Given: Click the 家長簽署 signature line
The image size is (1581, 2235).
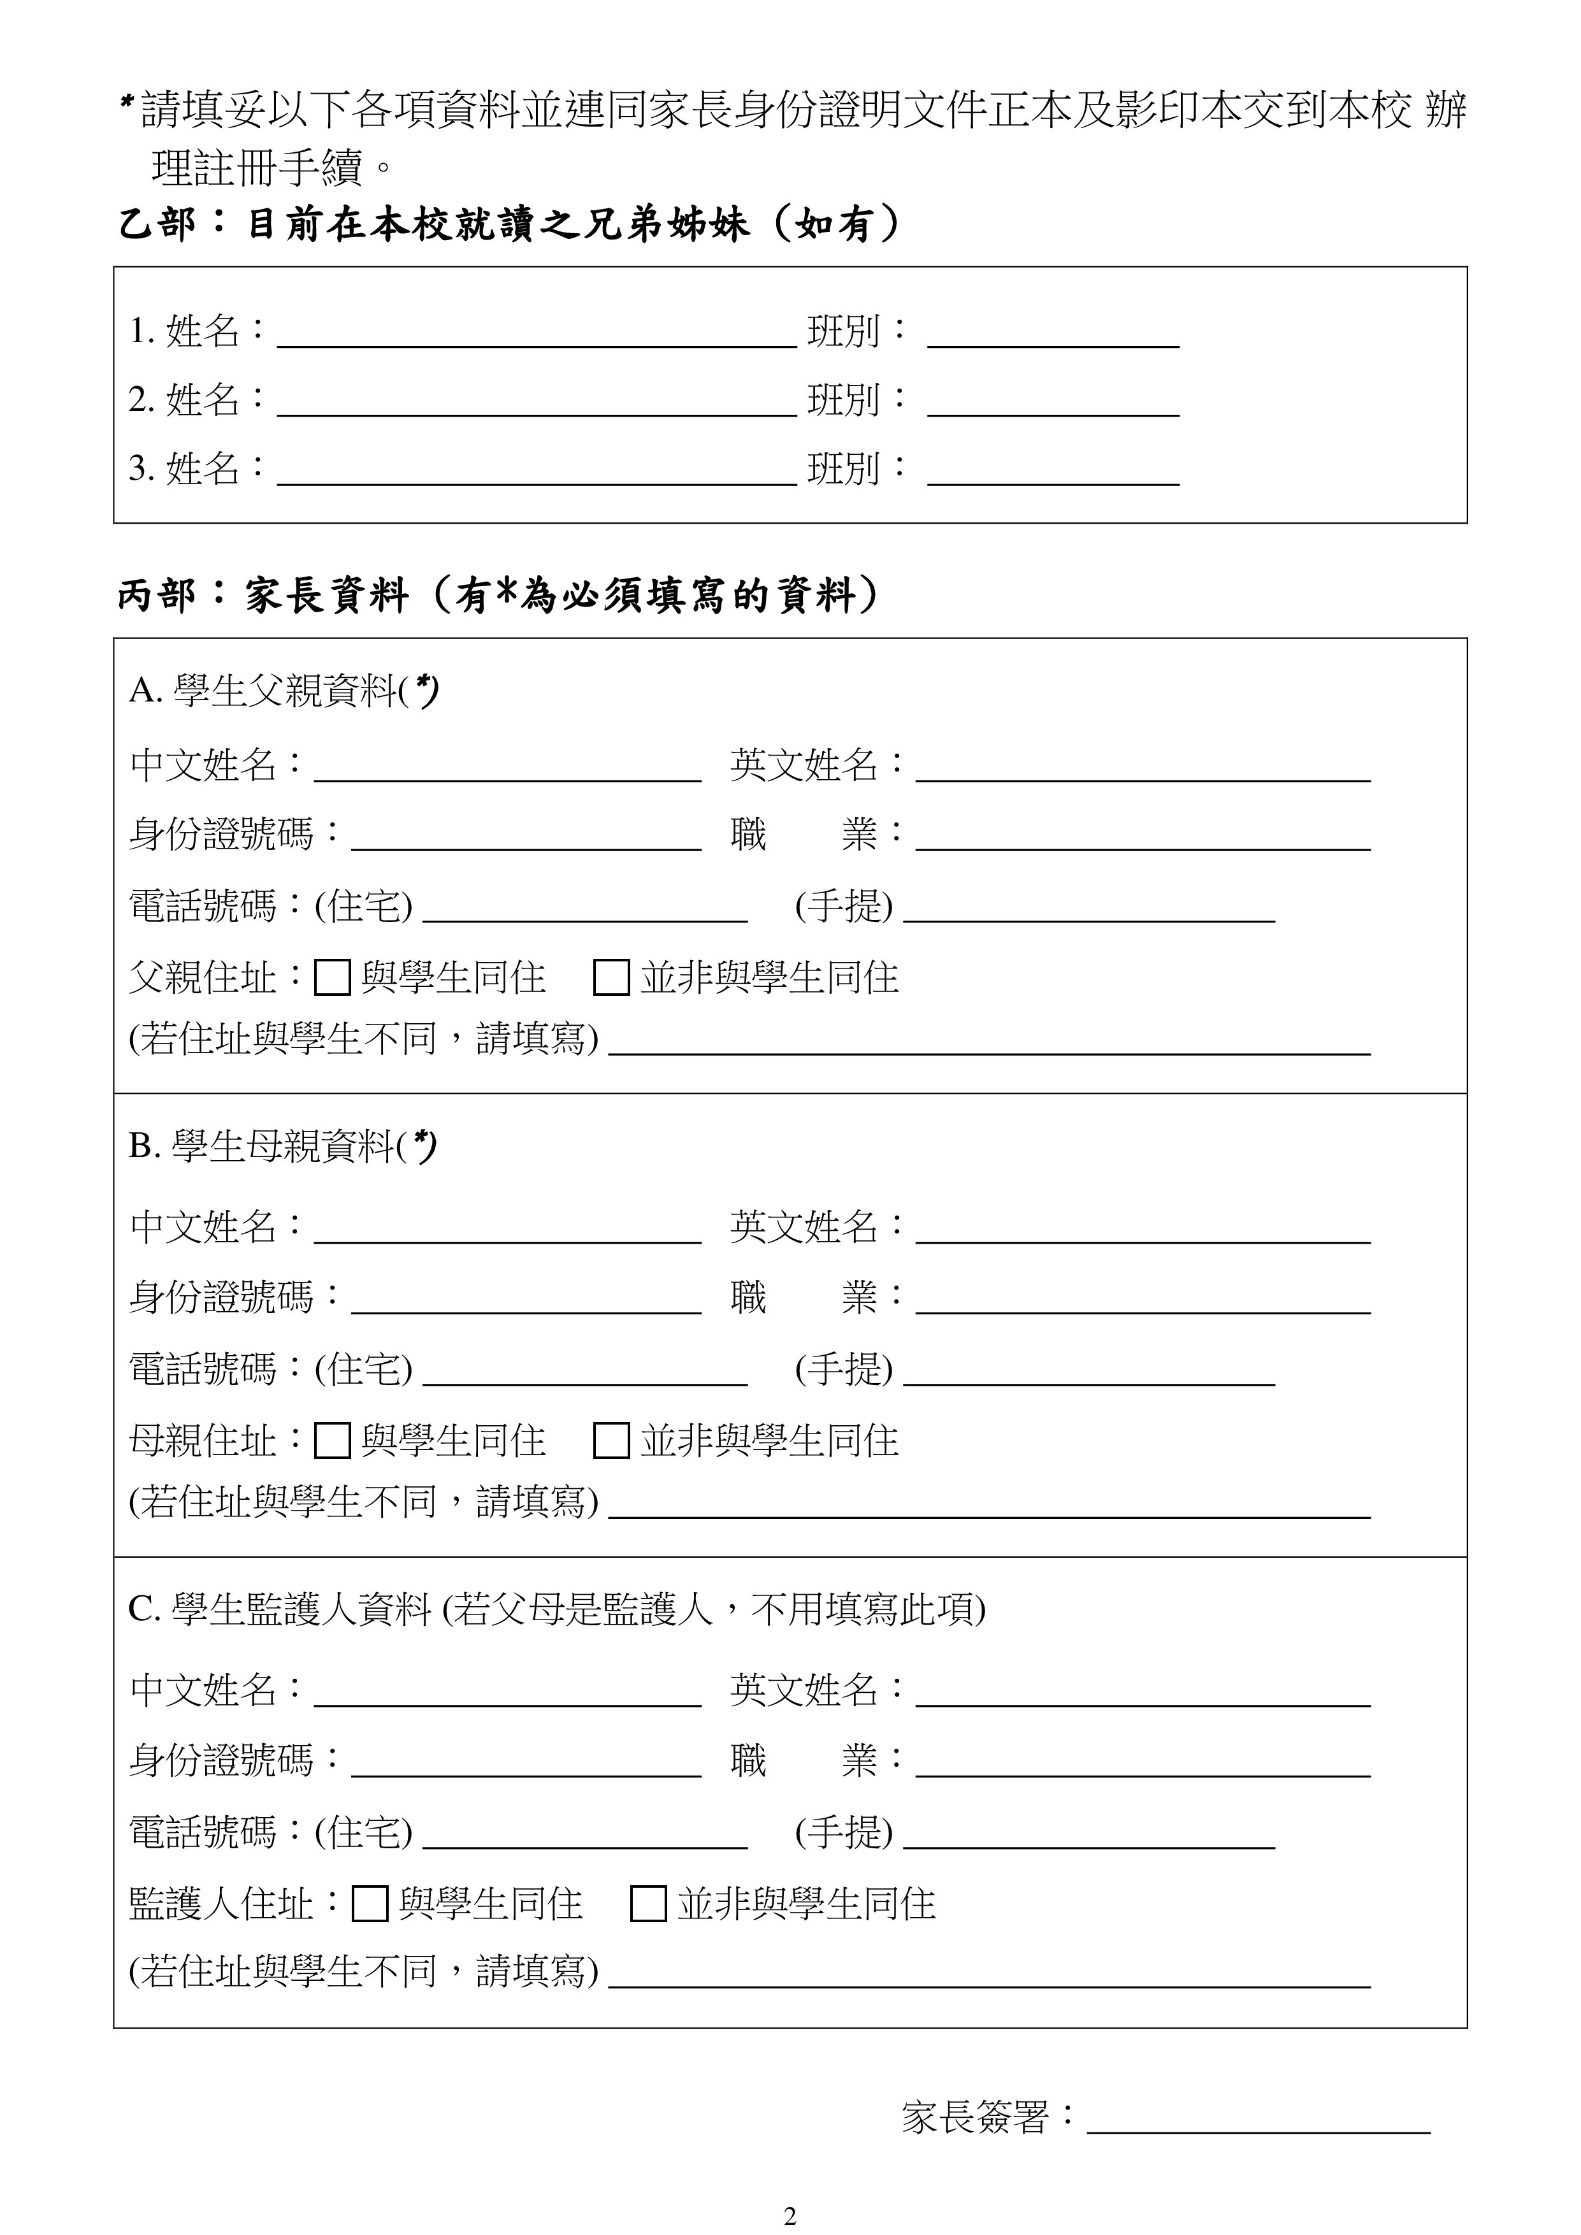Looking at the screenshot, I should point(1258,2131).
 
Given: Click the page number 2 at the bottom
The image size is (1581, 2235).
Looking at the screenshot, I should point(790,2215).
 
